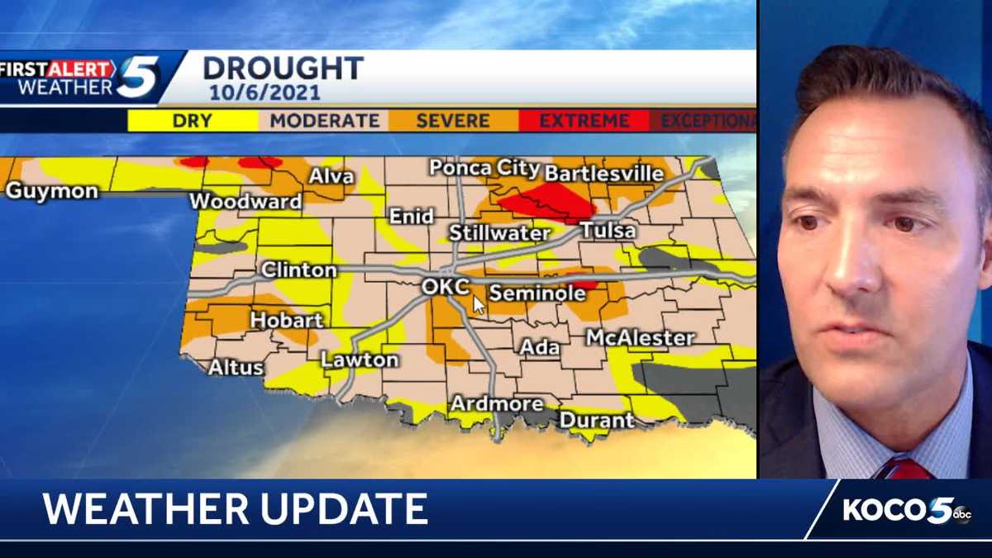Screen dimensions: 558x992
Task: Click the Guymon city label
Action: coord(51,191)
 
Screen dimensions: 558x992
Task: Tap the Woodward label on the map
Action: coord(246,201)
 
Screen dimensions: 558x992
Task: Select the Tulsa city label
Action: coord(608,231)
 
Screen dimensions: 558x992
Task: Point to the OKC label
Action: coord(446,287)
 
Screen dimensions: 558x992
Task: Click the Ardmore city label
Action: coord(496,403)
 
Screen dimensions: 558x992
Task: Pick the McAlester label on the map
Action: coord(640,337)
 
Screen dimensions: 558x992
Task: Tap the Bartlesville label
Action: coord(604,174)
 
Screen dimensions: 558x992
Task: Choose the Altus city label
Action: coord(236,367)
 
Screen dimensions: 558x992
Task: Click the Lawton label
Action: coord(360,360)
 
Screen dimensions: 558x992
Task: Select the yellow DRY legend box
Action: coord(193,121)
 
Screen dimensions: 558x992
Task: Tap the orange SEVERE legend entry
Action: coord(452,121)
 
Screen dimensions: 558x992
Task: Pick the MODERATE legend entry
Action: coord(325,121)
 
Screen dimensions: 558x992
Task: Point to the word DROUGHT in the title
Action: coord(283,69)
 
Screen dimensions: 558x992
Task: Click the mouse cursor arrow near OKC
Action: coord(479,304)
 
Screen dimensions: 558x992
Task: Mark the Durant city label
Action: coord(596,420)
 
